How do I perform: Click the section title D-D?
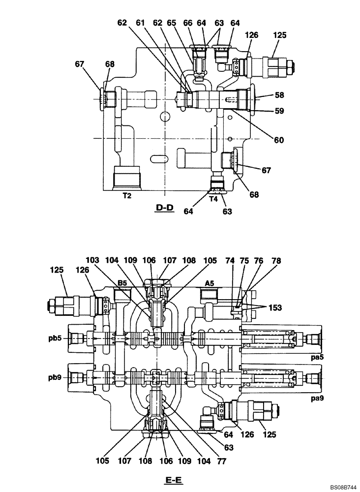tap(164, 208)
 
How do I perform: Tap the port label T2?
tap(127, 196)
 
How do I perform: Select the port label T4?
tap(213, 199)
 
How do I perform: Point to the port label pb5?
tap(56, 338)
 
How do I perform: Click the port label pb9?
tap(56, 378)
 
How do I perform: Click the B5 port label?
tap(122, 283)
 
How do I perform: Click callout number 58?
tap(280, 94)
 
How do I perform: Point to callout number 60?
tap(279, 140)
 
